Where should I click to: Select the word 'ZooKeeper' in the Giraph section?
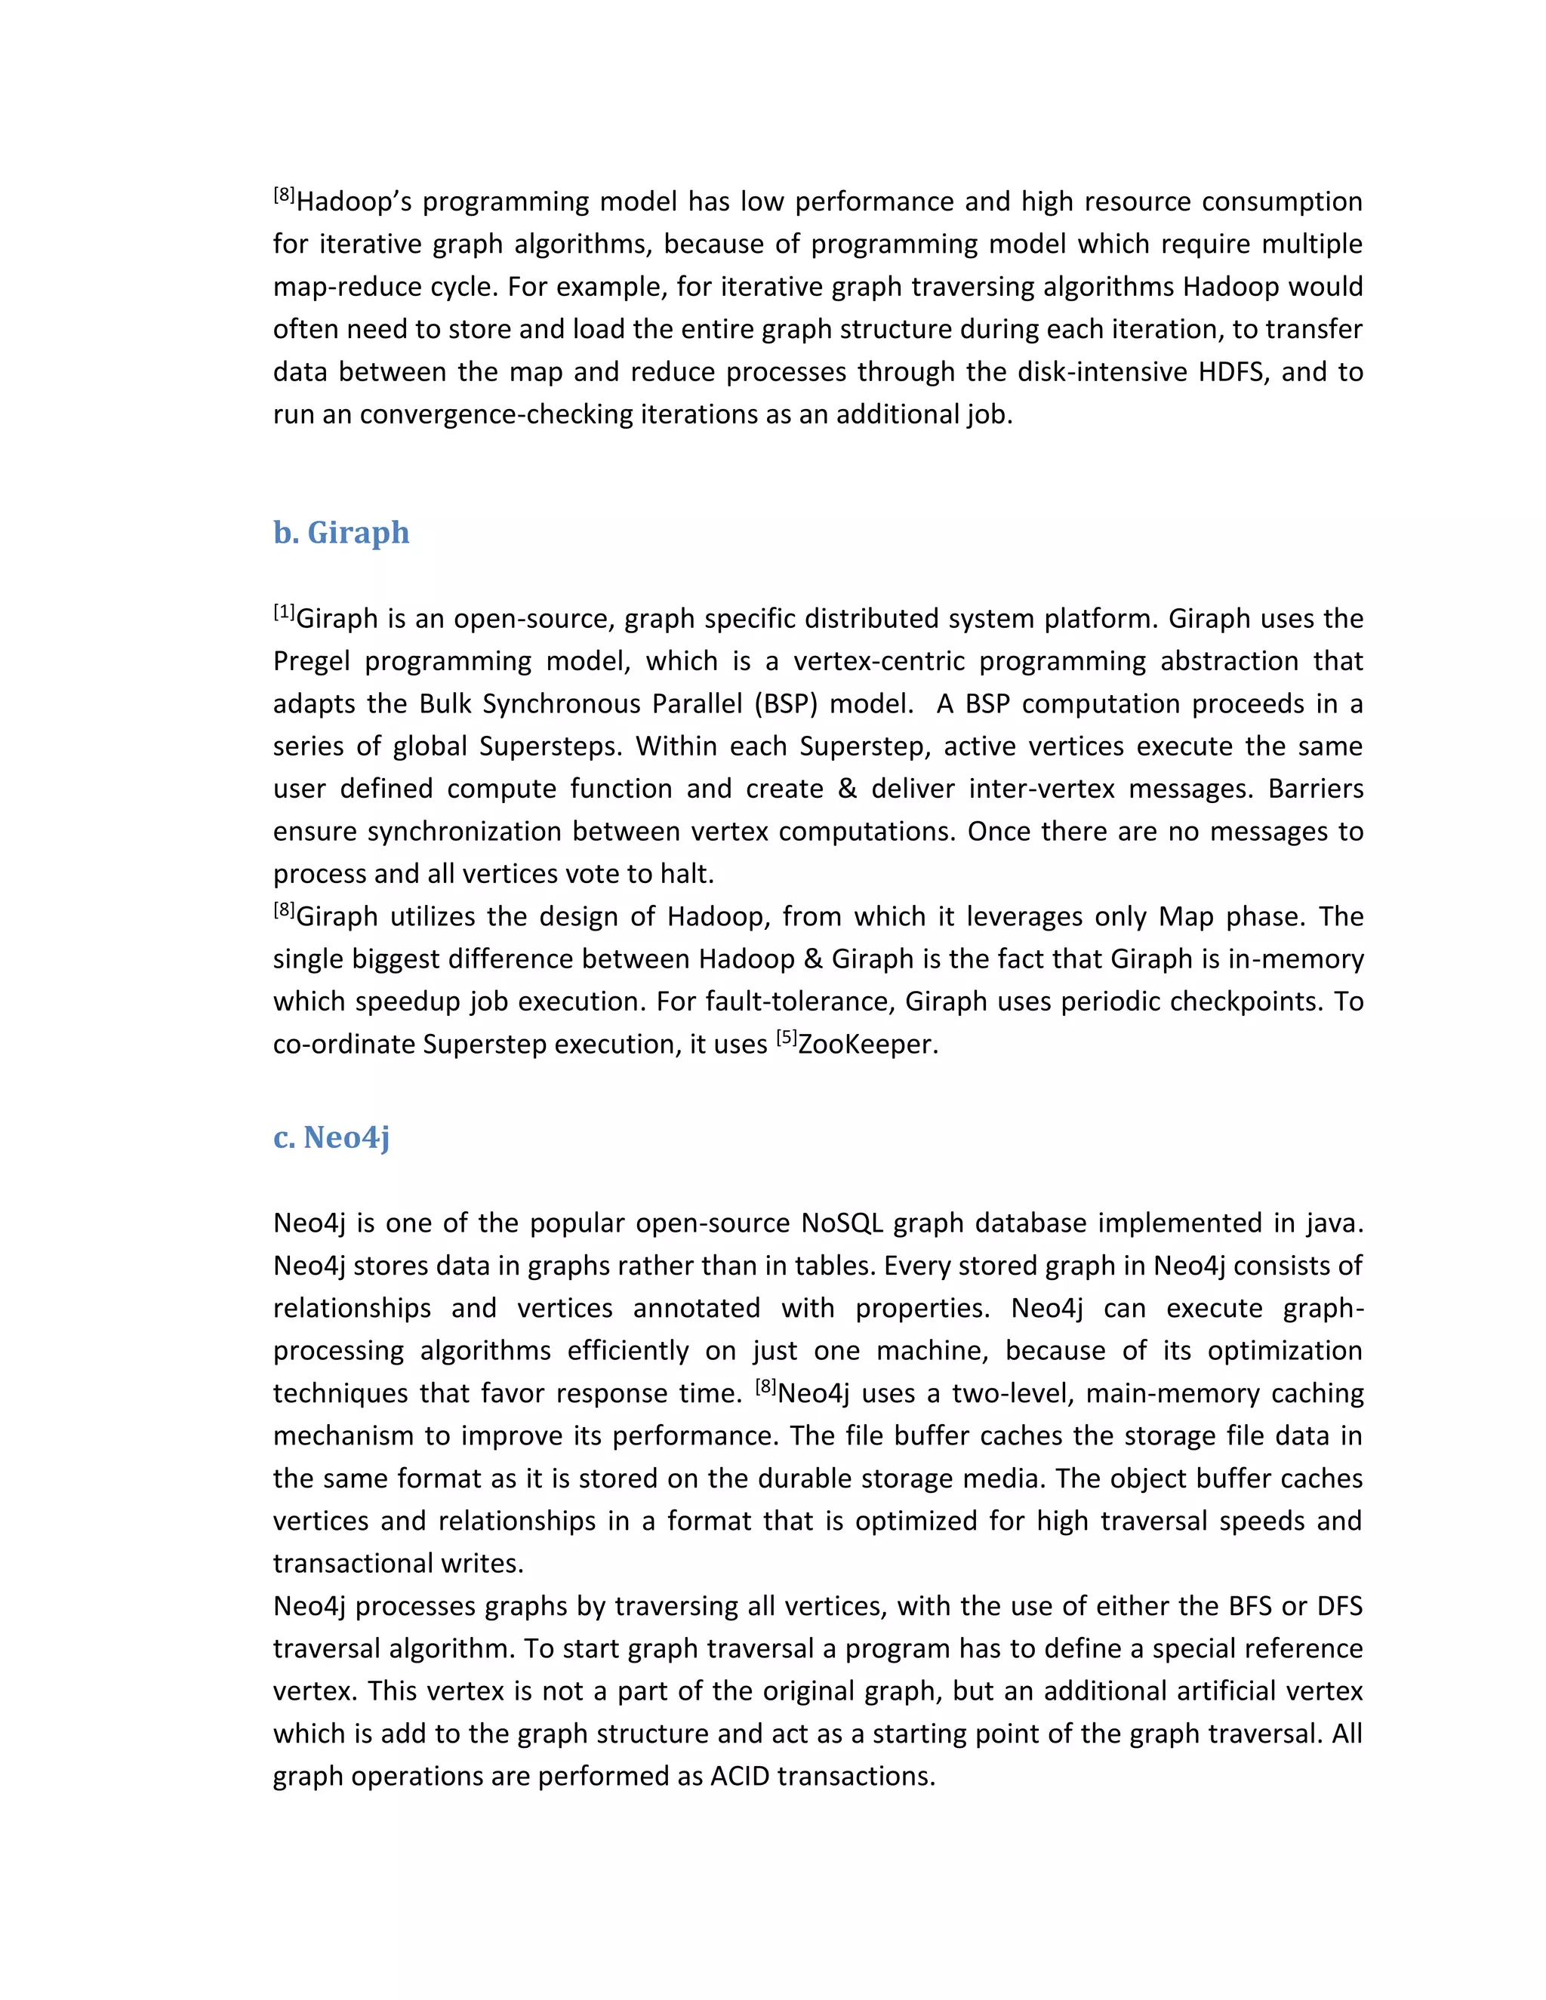[x=867, y=1044]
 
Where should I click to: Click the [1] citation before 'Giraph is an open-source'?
[x=284, y=612]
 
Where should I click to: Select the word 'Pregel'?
[x=312, y=661]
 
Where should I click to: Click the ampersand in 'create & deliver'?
[x=847, y=789]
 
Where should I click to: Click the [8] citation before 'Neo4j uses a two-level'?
[x=765, y=1386]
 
